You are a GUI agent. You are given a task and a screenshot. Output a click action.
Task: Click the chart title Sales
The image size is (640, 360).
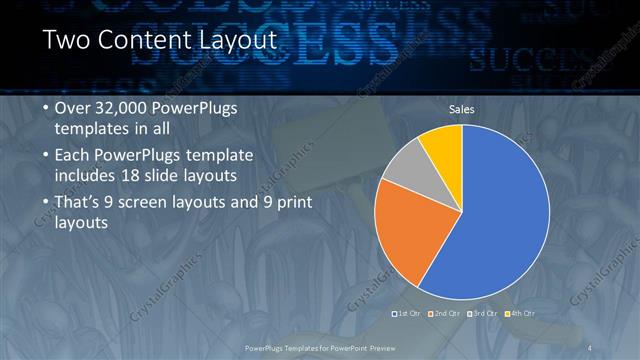[x=461, y=109]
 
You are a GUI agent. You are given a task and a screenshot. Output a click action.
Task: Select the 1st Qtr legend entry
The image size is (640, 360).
[x=405, y=314]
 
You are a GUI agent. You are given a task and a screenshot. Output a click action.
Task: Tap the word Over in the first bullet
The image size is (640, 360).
[x=72, y=108]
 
